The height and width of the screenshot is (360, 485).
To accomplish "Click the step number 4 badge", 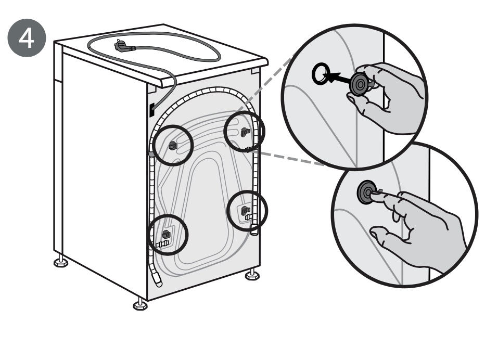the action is click(x=27, y=37).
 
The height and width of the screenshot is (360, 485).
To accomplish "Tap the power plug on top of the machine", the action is click(x=124, y=46).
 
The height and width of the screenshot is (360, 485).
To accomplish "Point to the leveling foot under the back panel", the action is click(x=252, y=274).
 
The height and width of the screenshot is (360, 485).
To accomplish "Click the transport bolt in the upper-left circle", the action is click(x=173, y=145).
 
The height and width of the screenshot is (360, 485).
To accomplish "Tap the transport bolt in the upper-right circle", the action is click(x=245, y=132).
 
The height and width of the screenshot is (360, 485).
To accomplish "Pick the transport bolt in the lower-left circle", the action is click(x=167, y=234).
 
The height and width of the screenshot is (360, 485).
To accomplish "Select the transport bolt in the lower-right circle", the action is click(x=245, y=211).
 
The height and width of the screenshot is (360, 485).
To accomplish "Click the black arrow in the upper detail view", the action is click(x=339, y=78).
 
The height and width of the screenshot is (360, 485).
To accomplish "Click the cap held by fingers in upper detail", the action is click(x=360, y=84).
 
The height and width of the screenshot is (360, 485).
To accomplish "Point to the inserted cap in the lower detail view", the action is click(x=367, y=192).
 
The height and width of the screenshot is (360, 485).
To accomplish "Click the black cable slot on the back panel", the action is click(x=151, y=110).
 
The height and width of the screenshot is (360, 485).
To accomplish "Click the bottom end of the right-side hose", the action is click(x=254, y=232).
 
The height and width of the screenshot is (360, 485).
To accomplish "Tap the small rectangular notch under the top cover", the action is click(x=255, y=71).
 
